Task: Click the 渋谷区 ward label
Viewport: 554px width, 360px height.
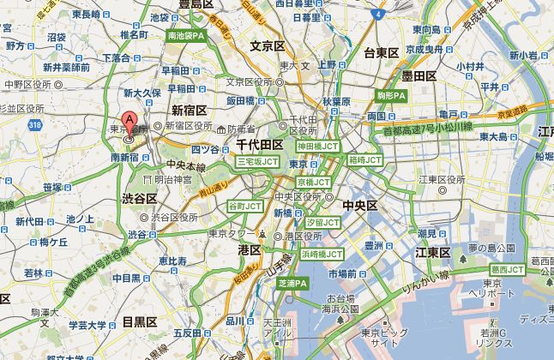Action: (138, 198)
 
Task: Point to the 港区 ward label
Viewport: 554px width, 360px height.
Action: (250, 249)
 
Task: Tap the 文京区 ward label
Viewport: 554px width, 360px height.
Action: (266, 45)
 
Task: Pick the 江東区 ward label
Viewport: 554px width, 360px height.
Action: (433, 252)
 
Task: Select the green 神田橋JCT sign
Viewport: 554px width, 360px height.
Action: (315, 146)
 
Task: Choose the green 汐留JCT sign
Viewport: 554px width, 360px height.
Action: (322, 221)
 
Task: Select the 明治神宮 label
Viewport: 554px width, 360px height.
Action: (169, 179)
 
